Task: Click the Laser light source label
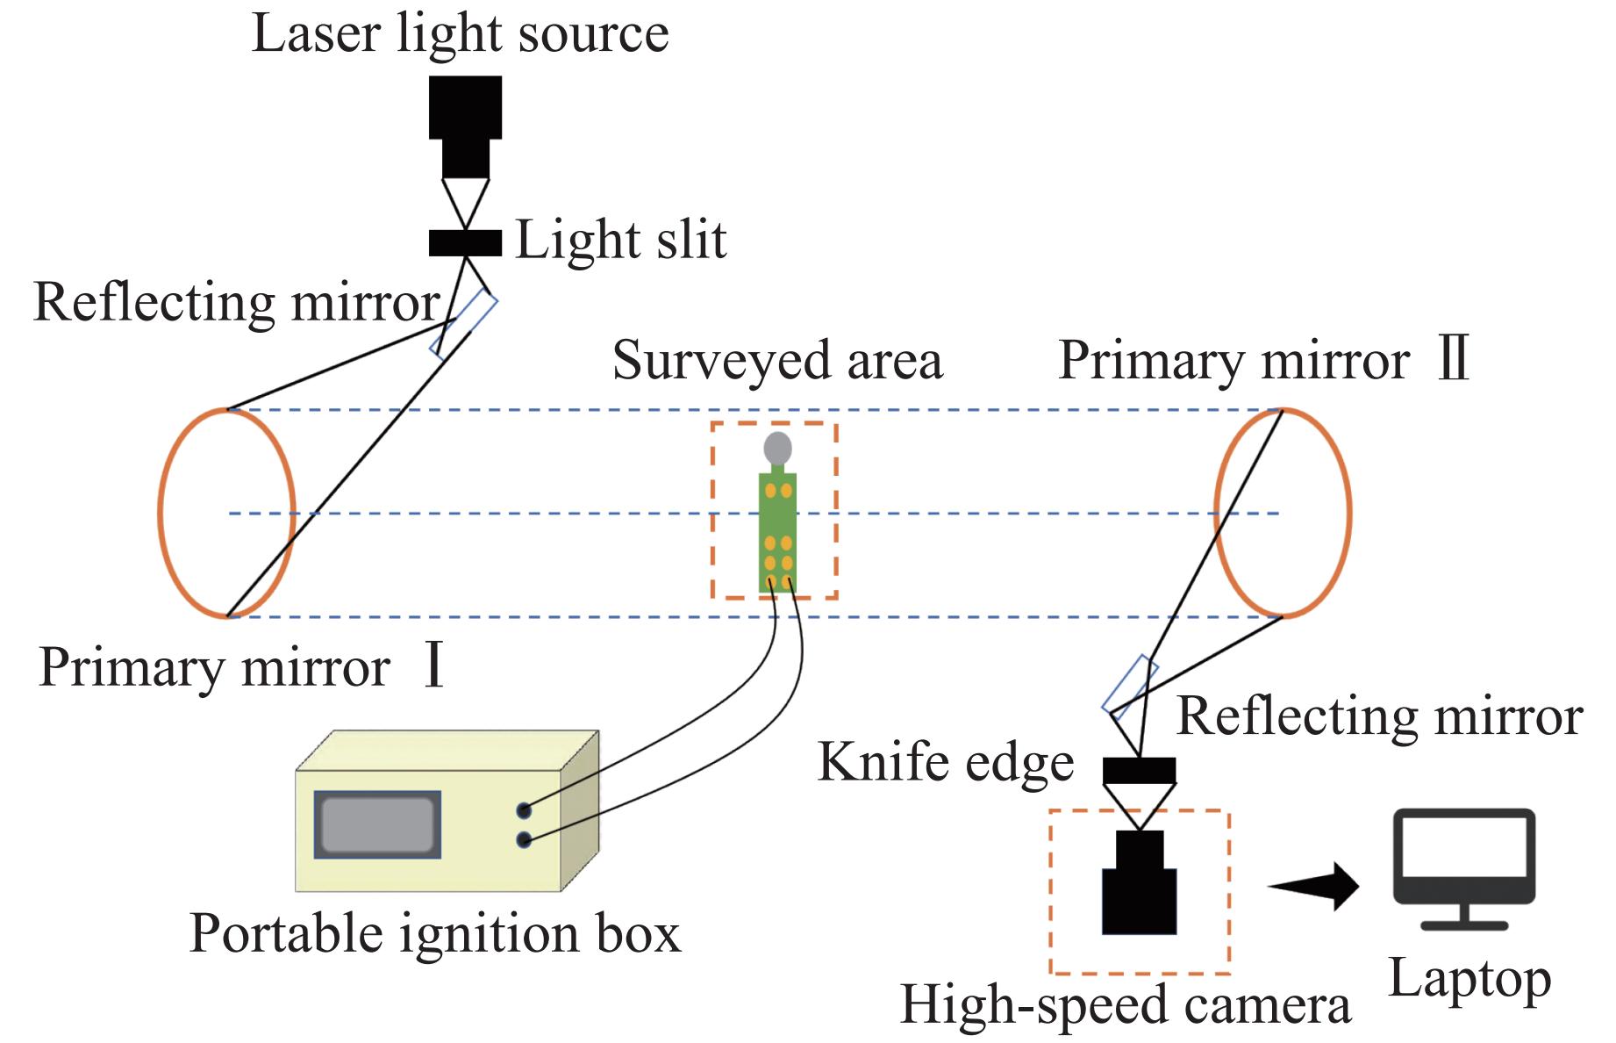pyautogui.click(x=460, y=34)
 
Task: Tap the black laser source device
pyautogui.click(x=465, y=123)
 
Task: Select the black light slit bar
pyautogui.click(x=465, y=243)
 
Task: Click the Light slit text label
pyautogui.click(x=620, y=240)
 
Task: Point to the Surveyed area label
pyautogui.click(x=777, y=360)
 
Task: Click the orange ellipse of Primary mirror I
pyautogui.click(x=161, y=513)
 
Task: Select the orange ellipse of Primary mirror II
pyautogui.click(x=1348, y=513)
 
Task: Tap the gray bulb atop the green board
pyautogui.click(x=777, y=449)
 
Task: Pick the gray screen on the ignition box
pyautogui.click(x=377, y=824)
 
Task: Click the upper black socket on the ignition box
pyautogui.click(x=524, y=810)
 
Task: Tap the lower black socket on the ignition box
pyautogui.click(x=524, y=840)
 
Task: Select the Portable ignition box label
pyautogui.click(x=435, y=933)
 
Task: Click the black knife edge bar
pyautogui.click(x=1139, y=771)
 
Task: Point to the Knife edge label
pyautogui.click(x=946, y=761)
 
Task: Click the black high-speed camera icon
pyautogui.click(x=1139, y=887)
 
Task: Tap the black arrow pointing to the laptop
pyautogui.click(x=1316, y=887)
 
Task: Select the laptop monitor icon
pyautogui.click(x=1464, y=865)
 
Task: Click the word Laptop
pyautogui.click(x=1469, y=979)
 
